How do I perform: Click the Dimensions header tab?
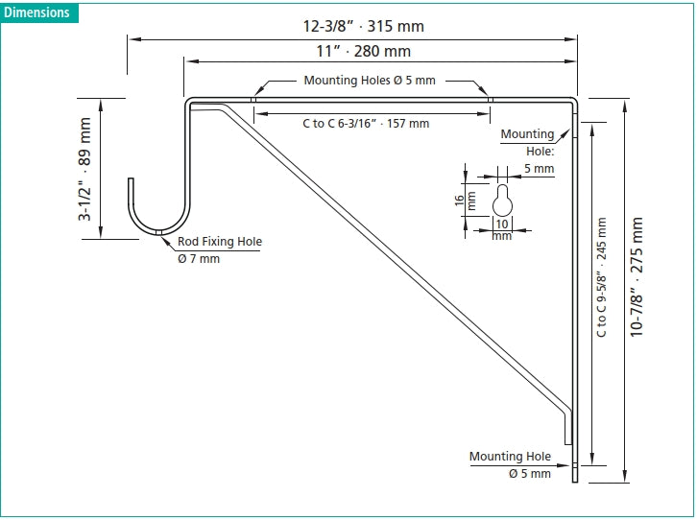pos(36,12)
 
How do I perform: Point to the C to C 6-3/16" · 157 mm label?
pos(365,123)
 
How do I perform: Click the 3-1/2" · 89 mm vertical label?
pos(85,170)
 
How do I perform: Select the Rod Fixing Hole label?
pos(219,242)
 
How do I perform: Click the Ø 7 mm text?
pos(199,258)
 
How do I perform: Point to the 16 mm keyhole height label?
pos(465,201)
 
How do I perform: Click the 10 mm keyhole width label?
pos(502,229)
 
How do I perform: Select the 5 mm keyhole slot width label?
pos(539,169)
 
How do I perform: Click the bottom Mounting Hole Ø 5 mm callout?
pos(511,464)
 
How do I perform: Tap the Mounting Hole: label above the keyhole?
pos(528,142)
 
